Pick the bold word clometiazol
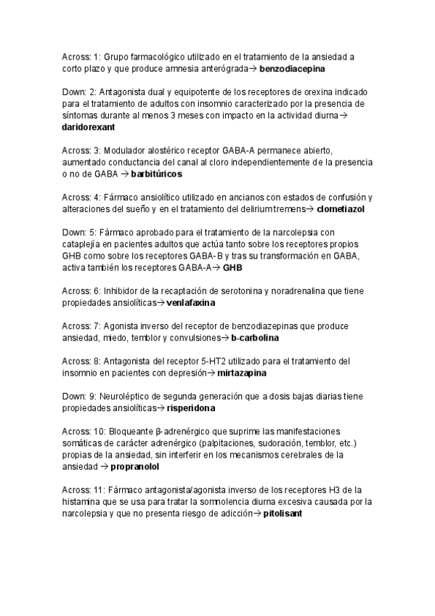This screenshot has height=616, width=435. [341, 208]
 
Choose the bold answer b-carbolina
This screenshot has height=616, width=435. [255, 339]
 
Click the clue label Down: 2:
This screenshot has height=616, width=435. [76, 92]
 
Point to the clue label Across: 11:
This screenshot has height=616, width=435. [81, 490]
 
